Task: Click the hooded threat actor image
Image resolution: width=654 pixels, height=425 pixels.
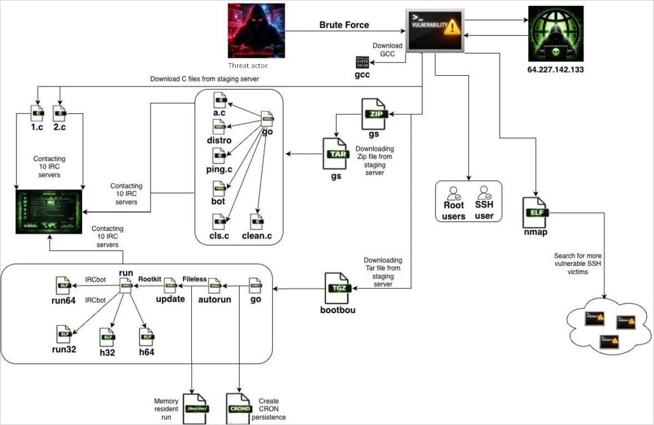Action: (x=255, y=31)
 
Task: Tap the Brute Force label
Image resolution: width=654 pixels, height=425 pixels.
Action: (x=344, y=25)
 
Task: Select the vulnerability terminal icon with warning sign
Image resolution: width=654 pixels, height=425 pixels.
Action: (x=435, y=30)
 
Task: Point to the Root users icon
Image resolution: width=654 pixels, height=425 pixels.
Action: (x=454, y=194)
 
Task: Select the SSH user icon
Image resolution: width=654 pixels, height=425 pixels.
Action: (x=484, y=194)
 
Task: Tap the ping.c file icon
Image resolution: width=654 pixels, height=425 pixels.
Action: (x=219, y=155)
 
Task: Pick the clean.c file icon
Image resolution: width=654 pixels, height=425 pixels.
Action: (x=257, y=222)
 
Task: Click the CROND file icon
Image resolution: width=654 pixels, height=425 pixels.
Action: (x=240, y=405)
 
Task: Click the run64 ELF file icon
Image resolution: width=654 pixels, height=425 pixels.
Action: (x=64, y=284)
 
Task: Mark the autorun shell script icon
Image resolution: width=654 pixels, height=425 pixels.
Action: (x=214, y=284)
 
